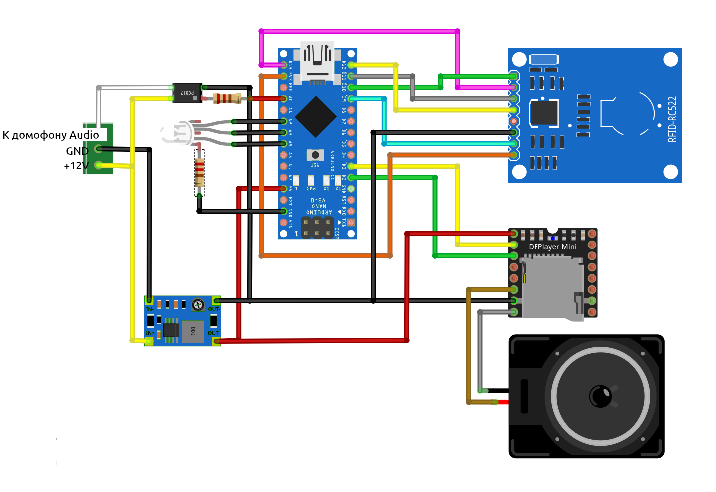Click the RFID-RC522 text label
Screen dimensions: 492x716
(672, 119)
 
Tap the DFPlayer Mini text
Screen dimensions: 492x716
(552, 247)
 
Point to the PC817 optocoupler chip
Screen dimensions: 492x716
(187, 93)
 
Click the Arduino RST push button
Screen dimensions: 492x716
(315, 155)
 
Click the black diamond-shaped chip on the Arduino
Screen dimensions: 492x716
(315, 117)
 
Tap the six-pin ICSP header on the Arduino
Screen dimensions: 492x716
(317, 228)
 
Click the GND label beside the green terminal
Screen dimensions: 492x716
(77, 151)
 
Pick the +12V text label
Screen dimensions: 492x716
(76, 166)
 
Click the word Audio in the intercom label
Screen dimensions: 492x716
(84, 135)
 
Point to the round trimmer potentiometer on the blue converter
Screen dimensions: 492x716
(198, 305)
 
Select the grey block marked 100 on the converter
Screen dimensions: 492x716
(193, 331)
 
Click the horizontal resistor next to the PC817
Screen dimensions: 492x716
(227, 98)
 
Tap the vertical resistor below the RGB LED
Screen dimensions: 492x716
(199, 170)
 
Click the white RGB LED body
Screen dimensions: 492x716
(177, 133)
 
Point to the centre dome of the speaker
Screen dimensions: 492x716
(600, 396)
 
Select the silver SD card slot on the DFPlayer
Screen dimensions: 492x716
(552, 286)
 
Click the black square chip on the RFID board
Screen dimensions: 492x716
(543, 113)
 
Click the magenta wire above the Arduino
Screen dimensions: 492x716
(359, 31)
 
